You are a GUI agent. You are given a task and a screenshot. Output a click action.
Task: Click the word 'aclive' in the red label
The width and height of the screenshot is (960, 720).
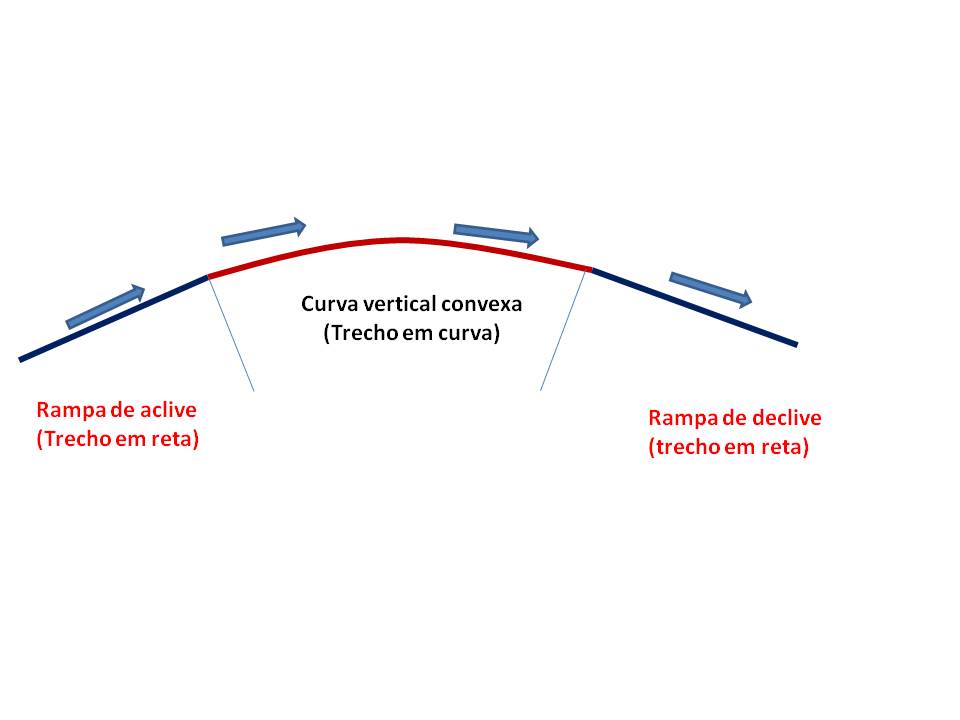click(169, 410)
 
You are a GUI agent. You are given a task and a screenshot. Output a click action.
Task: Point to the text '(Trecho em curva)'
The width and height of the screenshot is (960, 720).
click(410, 335)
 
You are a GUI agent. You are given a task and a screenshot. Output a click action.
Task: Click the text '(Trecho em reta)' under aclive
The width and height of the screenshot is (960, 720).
click(118, 439)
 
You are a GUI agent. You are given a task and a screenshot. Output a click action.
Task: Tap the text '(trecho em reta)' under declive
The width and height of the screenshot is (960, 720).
click(729, 447)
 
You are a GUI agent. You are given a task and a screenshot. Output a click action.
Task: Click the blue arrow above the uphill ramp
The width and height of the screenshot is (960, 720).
click(105, 307)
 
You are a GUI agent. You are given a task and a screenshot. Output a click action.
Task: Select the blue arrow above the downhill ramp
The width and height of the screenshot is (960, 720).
click(710, 288)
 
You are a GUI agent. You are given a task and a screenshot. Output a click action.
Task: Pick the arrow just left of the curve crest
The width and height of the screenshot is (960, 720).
click(263, 232)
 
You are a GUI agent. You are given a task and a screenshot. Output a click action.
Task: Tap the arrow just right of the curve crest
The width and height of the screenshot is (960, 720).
click(496, 233)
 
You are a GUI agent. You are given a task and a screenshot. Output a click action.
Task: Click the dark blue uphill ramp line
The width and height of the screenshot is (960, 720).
click(110, 318)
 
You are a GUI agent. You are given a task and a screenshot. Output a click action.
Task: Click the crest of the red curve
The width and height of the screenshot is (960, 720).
click(402, 240)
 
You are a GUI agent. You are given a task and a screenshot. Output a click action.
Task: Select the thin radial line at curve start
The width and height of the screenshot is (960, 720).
click(231, 333)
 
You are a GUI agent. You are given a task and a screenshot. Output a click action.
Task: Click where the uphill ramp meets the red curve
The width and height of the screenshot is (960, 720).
click(207, 276)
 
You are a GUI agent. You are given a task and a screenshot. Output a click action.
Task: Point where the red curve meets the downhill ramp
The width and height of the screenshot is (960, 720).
click(591, 269)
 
